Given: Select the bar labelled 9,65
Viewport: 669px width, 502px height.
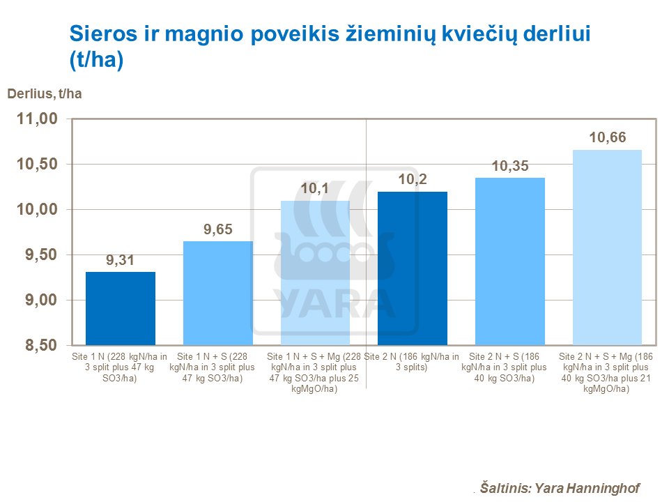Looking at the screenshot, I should (x=217, y=293).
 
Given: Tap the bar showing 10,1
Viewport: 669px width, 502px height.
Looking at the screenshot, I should (x=315, y=273).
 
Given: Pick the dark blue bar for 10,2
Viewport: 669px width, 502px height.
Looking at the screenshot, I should (x=412, y=268).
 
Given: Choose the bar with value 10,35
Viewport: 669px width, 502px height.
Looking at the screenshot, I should (x=509, y=261).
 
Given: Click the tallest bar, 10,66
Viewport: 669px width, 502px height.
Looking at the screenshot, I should (x=607, y=248).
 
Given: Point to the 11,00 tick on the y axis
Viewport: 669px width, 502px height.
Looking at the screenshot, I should (x=36, y=119).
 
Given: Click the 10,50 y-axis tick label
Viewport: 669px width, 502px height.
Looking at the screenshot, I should (x=36, y=165).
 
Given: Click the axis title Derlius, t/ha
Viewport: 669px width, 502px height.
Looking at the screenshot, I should (x=45, y=94).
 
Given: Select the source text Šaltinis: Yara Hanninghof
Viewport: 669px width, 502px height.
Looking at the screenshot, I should (x=560, y=488).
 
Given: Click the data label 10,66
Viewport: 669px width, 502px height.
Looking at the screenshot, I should (x=607, y=138).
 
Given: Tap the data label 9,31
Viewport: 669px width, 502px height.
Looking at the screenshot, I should (x=121, y=261).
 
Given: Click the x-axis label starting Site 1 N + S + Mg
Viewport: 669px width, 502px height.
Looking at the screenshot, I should (x=315, y=372).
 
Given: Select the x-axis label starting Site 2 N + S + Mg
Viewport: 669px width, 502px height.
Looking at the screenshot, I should (x=607, y=372).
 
